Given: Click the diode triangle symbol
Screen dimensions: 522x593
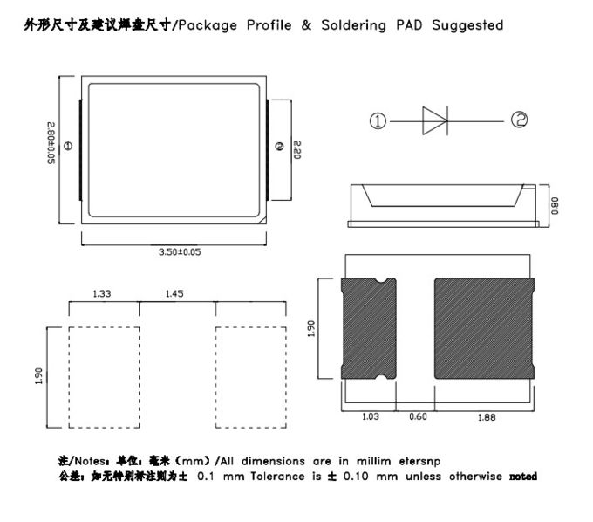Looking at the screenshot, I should (433, 120).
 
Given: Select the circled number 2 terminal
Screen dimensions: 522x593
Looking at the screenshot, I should (520, 120).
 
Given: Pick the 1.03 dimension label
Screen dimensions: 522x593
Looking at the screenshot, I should (370, 416).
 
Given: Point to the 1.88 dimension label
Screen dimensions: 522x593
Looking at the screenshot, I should (482, 416).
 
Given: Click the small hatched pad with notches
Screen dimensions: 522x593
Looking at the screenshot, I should (369, 327).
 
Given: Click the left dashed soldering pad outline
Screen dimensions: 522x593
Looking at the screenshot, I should (104, 375).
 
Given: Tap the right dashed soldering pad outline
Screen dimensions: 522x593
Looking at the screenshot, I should (251, 375).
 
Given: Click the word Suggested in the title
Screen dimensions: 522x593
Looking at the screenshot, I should (464, 25).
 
